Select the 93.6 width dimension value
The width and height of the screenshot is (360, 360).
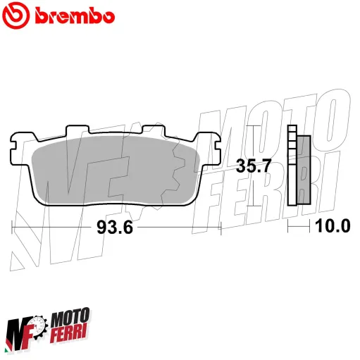pos(113,228)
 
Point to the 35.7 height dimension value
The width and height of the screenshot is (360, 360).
pos(254,167)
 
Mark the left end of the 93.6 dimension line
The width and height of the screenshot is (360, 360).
pos(13,228)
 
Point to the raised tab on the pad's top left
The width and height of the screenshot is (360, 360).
pos(73,132)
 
